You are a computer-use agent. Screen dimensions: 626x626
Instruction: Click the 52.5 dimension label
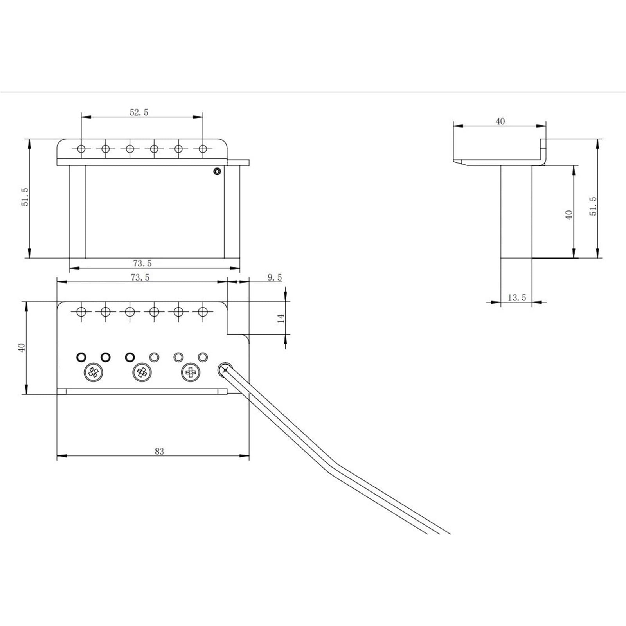pyautogui.click(x=139, y=112)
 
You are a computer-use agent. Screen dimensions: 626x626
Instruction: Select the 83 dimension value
pyautogui.click(x=159, y=451)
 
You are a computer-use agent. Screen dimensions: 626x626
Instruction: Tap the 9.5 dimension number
pyautogui.click(x=275, y=277)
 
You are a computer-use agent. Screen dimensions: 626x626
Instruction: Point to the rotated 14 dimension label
pyautogui.click(x=281, y=318)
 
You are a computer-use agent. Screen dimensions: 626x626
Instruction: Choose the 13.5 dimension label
pyautogui.click(x=517, y=298)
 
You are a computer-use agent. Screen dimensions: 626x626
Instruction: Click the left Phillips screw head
pyautogui.click(x=93, y=373)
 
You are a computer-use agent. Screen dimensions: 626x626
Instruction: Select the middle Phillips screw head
pyautogui.click(x=142, y=373)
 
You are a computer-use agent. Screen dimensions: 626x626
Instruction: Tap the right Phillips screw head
pyautogui.click(x=191, y=373)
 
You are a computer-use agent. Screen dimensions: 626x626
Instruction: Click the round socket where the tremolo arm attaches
pyautogui.click(x=225, y=369)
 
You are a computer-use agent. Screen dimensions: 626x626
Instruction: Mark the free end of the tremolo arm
pyautogui.click(x=445, y=533)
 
